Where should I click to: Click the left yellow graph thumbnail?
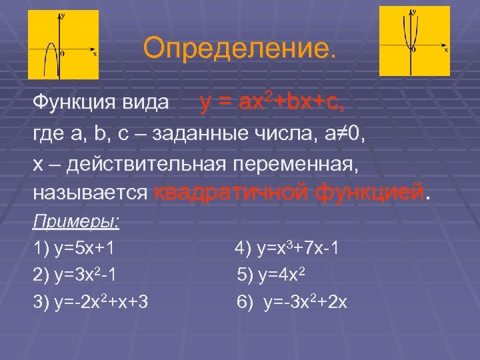coord(63,45)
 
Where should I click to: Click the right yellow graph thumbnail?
coord(415,41)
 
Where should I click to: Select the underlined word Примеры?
coord(75,221)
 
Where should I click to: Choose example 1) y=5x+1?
coord(73,249)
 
